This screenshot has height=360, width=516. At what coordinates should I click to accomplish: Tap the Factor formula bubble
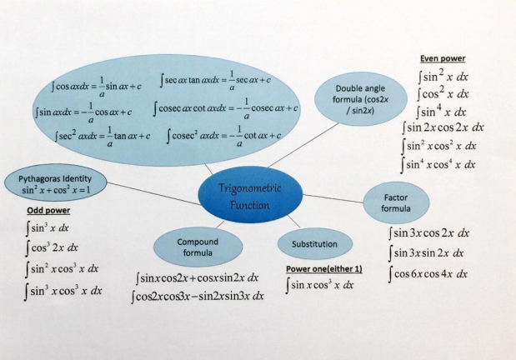tap(396, 202)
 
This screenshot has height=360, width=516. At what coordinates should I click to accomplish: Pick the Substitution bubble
tap(313, 244)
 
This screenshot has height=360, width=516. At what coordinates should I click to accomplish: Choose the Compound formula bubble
tap(198, 247)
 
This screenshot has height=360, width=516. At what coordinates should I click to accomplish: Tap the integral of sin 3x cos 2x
tap(430, 233)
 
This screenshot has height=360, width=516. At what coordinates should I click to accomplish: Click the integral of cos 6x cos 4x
tap(430, 273)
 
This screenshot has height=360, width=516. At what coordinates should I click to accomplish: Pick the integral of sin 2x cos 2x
tap(443, 127)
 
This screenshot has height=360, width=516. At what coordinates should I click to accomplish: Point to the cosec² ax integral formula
tap(222, 136)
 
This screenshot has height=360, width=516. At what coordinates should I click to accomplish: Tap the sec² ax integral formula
tap(99, 136)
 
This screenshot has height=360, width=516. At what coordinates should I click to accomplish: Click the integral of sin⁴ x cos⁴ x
tap(439, 164)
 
